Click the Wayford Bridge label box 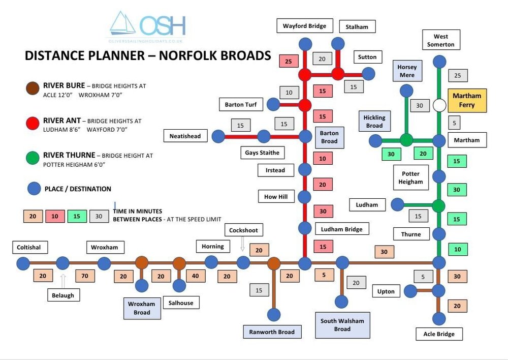click(x=304, y=25)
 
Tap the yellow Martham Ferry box click(x=467, y=100)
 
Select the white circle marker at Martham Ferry click(x=439, y=105)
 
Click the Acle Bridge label click(x=439, y=334)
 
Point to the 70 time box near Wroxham click(x=85, y=276)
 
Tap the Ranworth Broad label click(x=272, y=332)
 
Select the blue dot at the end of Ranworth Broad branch click(x=274, y=315)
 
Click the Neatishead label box click(x=185, y=136)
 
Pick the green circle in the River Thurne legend click(x=33, y=158)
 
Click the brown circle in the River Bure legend click(x=33, y=88)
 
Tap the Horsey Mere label click(x=407, y=71)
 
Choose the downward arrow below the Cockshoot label click(x=242, y=244)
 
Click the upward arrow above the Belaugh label click(x=63, y=281)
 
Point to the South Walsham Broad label click(x=342, y=325)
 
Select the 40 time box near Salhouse click(x=196, y=276)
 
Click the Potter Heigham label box click(x=411, y=177)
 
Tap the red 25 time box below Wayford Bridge click(x=289, y=61)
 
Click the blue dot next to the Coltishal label click(x=23, y=264)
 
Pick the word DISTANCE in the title click(x=52, y=55)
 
